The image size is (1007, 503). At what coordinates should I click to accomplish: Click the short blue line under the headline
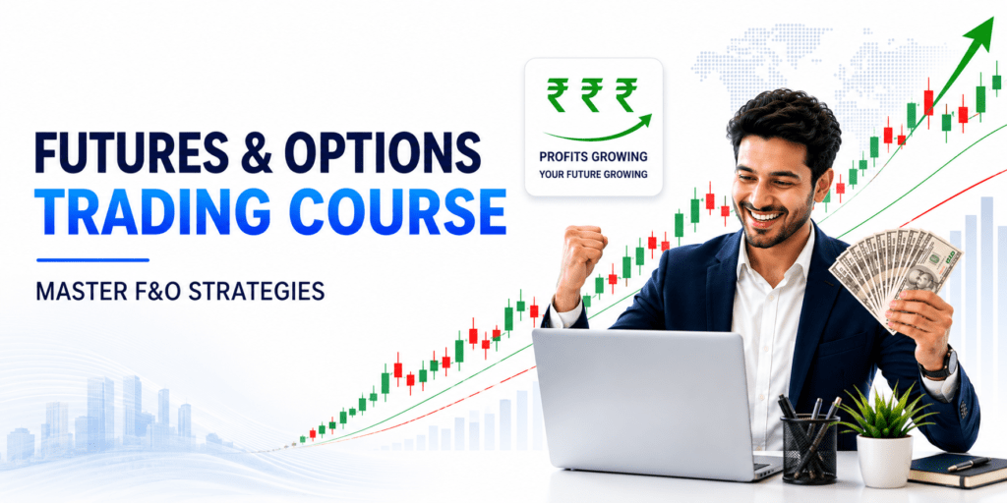[x=93, y=259]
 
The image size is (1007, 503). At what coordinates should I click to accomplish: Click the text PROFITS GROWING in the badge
[x=593, y=156]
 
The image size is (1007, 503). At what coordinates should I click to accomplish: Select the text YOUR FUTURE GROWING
[x=593, y=174]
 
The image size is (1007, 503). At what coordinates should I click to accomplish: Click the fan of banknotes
[x=895, y=269]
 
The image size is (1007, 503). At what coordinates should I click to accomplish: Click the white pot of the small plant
[x=884, y=461]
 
